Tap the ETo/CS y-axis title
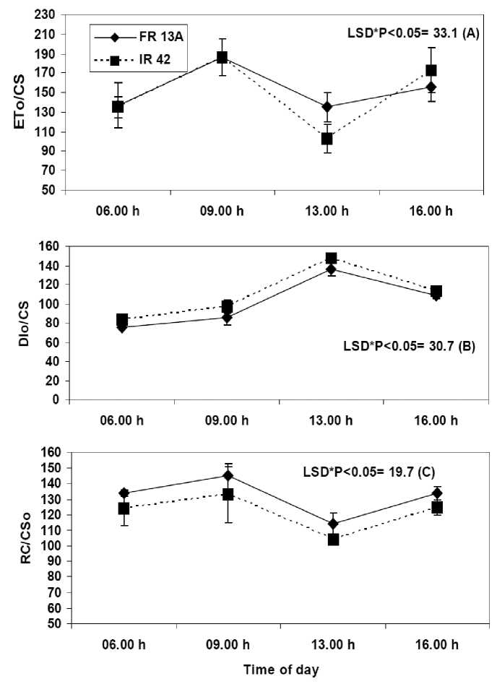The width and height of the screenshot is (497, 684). (x=22, y=103)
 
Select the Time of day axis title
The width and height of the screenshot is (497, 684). (x=278, y=669)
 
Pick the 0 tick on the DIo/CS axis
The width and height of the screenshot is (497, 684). (x=56, y=399)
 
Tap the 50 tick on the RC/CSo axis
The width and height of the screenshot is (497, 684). (x=53, y=624)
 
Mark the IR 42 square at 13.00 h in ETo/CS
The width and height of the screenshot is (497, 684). (x=327, y=139)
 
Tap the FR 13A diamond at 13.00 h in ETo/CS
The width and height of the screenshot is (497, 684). (x=327, y=107)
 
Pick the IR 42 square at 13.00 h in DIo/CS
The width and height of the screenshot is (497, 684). (x=331, y=258)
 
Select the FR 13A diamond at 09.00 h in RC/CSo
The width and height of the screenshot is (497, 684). (x=228, y=476)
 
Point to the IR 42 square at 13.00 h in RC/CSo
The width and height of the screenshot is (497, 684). (x=333, y=539)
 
